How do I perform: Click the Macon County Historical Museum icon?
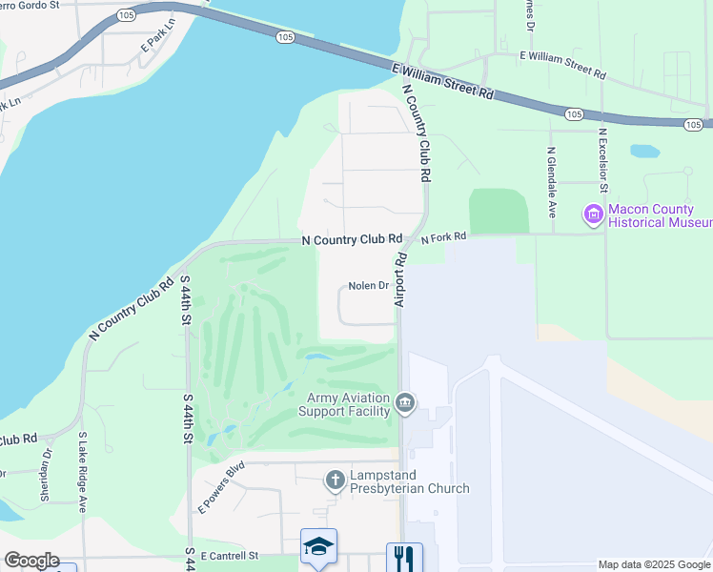pyautogui.click(x=594, y=214)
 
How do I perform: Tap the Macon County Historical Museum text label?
pyautogui.click(x=659, y=215)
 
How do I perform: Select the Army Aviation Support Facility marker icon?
pyautogui.click(x=405, y=403)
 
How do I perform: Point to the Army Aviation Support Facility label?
pyautogui.click(x=344, y=404)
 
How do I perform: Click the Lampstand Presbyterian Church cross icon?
pyautogui.click(x=335, y=480)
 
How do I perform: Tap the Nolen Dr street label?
pyautogui.click(x=369, y=286)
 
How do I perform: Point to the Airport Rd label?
pyautogui.click(x=401, y=279)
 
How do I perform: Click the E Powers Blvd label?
pyautogui.click(x=221, y=487)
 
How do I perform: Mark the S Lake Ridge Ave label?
pyautogui.click(x=83, y=473)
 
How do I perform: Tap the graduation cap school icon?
pyautogui.click(x=318, y=545)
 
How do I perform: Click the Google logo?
pyautogui.click(x=31, y=561)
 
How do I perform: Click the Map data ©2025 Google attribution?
pyautogui.click(x=654, y=564)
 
